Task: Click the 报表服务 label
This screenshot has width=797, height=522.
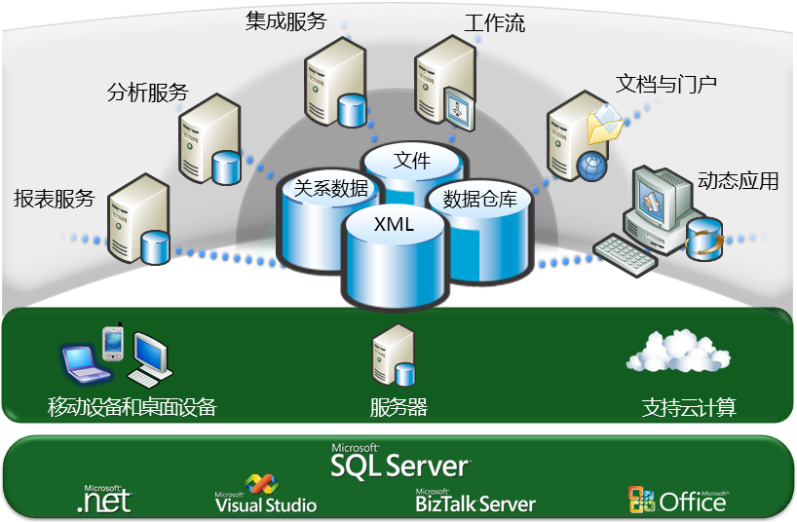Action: pos(54,199)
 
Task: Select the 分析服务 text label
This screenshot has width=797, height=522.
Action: pos(146,93)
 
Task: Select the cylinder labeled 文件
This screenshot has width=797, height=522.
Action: pos(411,162)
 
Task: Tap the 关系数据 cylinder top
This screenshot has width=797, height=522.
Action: pos(330,189)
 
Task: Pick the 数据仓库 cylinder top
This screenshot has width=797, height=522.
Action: pos(479,200)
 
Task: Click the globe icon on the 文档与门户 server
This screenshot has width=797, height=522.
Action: pos(590,166)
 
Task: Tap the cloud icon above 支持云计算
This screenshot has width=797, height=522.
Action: pos(677,354)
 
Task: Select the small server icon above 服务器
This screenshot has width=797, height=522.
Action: pos(394,357)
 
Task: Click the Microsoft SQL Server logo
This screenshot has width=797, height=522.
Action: pos(399,463)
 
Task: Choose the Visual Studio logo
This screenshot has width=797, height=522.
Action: pos(265,496)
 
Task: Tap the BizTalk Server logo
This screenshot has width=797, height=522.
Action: pos(474,501)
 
